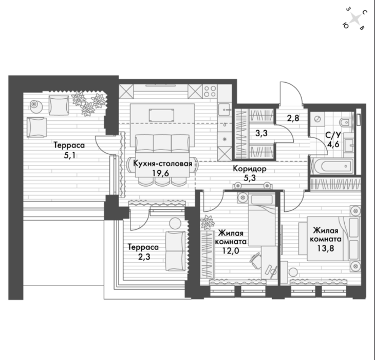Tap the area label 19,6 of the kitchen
tap(161, 173)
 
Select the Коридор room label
tap(250, 169)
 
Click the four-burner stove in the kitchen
tap(210, 92)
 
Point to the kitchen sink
tap(224, 110)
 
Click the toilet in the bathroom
tap(346, 123)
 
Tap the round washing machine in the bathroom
tap(317, 119)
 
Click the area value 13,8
tap(326, 248)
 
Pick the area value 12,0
tap(231, 250)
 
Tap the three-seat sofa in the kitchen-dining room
tap(162, 143)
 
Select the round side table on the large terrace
tap(36, 107)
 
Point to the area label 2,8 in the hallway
tap(293, 118)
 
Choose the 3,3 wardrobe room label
tap(261, 133)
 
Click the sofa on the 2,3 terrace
tap(176, 251)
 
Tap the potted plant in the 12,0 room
tap(208, 222)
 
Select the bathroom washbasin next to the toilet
tap(349, 144)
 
